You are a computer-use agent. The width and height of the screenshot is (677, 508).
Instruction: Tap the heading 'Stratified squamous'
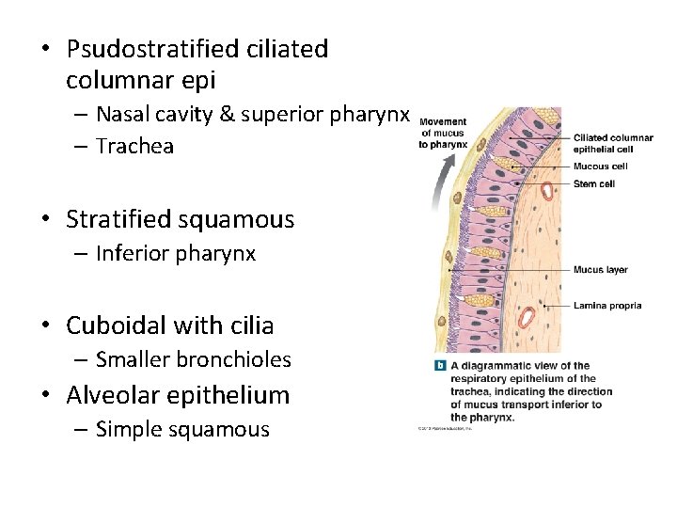click(x=180, y=220)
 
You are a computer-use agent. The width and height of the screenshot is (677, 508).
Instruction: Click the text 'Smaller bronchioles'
click(x=193, y=359)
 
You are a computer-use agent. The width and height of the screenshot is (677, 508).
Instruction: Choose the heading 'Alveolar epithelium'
click(x=178, y=395)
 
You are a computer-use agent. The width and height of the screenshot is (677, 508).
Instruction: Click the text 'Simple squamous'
click(x=182, y=430)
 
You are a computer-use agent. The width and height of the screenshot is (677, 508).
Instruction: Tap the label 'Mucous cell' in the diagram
click(x=600, y=167)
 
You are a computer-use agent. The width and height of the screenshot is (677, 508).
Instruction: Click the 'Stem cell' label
click(x=593, y=183)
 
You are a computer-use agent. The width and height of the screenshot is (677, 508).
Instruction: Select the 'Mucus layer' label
click(x=600, y=270)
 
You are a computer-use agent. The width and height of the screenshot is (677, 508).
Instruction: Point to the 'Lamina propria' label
click(x=607, y=306)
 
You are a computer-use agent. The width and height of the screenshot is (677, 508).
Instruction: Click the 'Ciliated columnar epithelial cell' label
click(x=612, y=144)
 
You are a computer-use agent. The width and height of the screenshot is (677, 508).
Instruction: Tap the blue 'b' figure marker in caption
click(x=439, y=366)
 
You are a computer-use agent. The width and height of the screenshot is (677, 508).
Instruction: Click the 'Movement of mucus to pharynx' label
click(x=443, y=133)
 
